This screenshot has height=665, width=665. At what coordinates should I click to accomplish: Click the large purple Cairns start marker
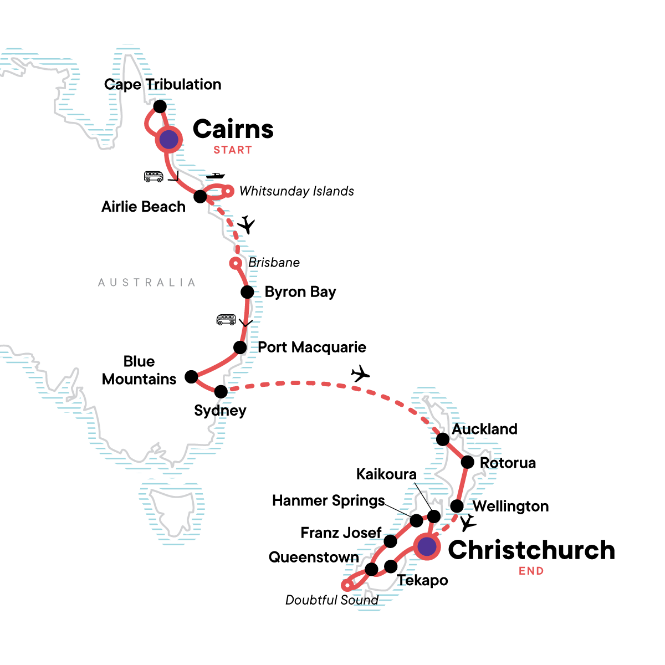(x=169, y=140)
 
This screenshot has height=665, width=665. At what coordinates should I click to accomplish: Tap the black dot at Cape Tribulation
(x=160, y=106)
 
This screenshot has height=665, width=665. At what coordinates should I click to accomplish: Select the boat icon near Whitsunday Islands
(x=215, y=176)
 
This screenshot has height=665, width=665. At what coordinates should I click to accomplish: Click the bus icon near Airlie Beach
(x=154, y=177)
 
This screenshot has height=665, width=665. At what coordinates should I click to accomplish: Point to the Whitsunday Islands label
(x=296, y=191)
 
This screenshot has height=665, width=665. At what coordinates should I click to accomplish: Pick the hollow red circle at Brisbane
(x=236, y=263)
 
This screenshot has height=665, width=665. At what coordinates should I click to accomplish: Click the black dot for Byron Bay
(x=247, y=292)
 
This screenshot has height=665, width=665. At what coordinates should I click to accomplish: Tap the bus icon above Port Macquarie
(x=226, y=320)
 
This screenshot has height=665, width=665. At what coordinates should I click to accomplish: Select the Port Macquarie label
(x=312, y=347)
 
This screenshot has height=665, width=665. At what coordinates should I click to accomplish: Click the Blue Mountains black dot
(x=191, y=377)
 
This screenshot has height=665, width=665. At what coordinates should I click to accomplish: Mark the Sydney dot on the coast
(x=221, y=392)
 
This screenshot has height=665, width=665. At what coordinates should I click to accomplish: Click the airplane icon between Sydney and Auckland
(x=360, y=374)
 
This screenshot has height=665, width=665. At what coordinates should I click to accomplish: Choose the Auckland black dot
(x=443, y=439)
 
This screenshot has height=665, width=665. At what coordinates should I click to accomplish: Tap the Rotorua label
(x=508, y=463)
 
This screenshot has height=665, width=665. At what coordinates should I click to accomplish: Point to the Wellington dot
(x=457, y=506)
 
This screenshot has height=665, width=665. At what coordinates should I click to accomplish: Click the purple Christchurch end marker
(x=426, y=547)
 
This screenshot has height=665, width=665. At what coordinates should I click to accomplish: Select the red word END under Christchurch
(x=531, y=571)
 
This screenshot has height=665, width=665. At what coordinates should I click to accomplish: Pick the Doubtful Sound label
(x=331, y=600)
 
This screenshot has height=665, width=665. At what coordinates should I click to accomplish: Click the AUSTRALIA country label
(x=147, y=283)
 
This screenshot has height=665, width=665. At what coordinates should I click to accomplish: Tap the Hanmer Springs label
(x=328, y=501)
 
